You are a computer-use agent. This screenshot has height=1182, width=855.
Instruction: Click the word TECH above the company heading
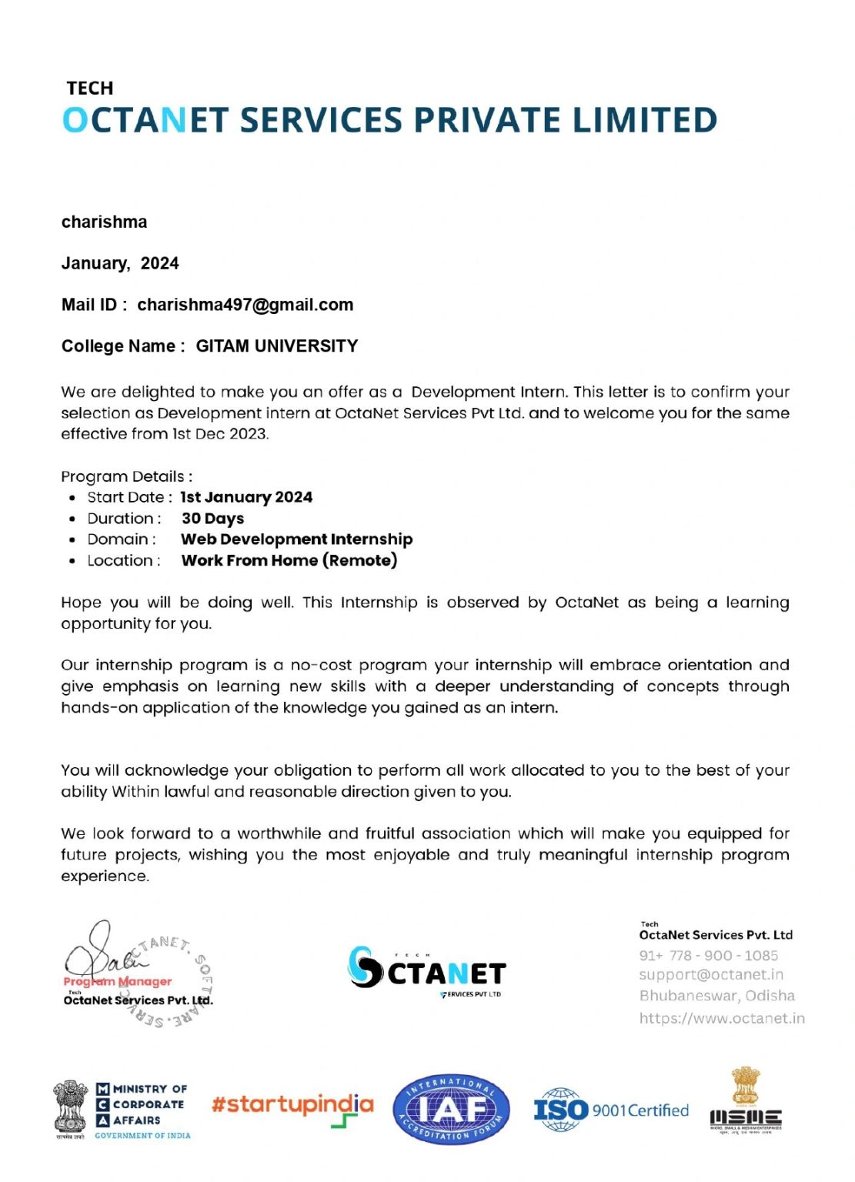pyautogui.click(x=90, y=88)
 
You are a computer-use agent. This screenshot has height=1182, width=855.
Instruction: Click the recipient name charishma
pyautogui.click(x=104, y=222)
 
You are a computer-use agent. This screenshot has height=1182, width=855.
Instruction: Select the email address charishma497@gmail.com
pyautogui.click(x=245, y=305)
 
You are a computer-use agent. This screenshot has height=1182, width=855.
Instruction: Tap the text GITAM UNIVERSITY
pyautogui.click(x=277, y=346)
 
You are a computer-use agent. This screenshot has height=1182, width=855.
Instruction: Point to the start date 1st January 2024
pyautogui.click(x=246, y=497)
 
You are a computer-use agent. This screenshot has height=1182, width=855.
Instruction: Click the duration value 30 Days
pyautogui.click(x=212, y=519)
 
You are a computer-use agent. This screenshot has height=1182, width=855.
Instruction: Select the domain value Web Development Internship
pyautogui.click(x=297, y=539)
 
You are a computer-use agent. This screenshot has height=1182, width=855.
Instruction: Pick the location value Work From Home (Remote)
pyautogui.click(x=289, y=560)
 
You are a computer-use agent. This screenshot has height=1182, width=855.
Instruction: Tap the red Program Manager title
pyautogui.click(x=118, y=981)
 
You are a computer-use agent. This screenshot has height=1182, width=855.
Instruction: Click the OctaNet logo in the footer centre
pyautogui.click(x=427, y=971)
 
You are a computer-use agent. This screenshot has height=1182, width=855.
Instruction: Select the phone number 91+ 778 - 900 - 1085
pyautogui.click(x=708, y=956)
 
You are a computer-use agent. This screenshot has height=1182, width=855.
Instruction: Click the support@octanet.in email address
pyautogui.click(x=711, y=975)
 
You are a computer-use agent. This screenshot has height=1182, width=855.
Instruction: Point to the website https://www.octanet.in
pyautogui.click(x=722, y=1019)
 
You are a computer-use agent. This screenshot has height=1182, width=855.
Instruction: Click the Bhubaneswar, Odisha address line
pyautogui.click(x=716, y=996)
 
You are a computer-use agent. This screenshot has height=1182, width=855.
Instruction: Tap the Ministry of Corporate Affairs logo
pyautogui.click(x=122, y=1110)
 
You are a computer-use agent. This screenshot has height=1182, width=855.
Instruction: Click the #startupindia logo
pyautogui.click(x=292, y=1107)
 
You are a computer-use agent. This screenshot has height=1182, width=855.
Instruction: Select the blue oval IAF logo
pyautogui.click(x=451, y=1110)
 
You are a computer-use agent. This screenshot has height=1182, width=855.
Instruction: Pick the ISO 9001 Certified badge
pyautogui.click(x=611, y=1110)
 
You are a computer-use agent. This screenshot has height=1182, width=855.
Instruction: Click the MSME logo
pyautogui.click(x=745, y=1100)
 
